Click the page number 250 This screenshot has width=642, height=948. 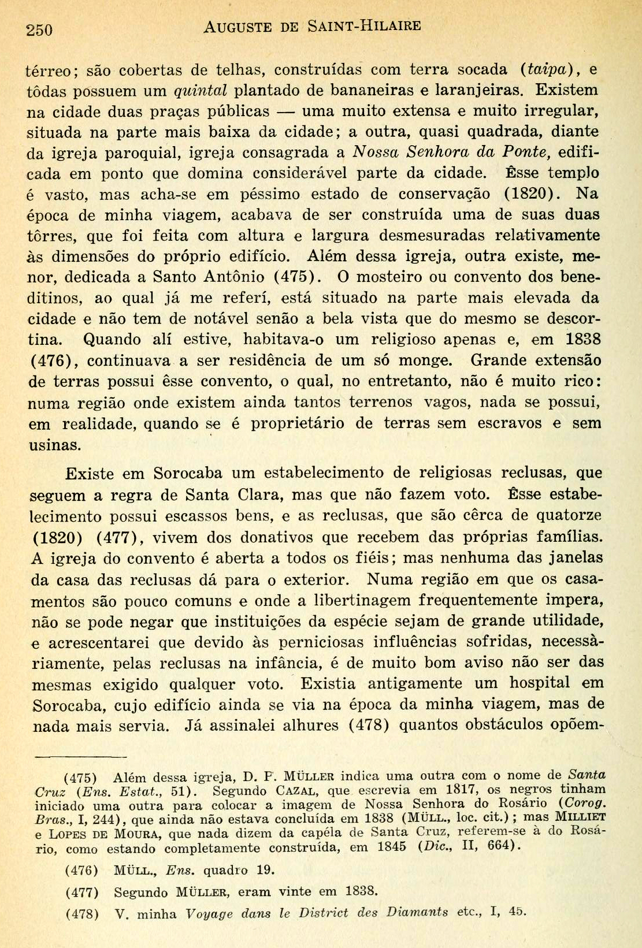(40, 29)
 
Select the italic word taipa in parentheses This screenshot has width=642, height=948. (546, 69)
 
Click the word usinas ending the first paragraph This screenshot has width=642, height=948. (54, 445)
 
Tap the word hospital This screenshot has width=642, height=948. (539, 683)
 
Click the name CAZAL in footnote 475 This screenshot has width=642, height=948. (291, 790)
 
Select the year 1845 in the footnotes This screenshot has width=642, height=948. (392, 847)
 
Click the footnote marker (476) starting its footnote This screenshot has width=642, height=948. (81, 870)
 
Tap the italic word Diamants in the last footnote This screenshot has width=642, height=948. (417, 912)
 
